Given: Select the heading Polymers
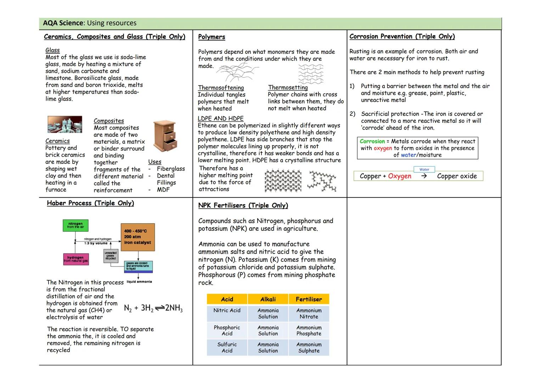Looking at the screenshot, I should pyautogui.click(x=212, y=37).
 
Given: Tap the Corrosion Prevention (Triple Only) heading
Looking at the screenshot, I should pyautogui.click(x=402, y=37).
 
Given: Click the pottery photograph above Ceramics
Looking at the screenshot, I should pyautogui.click(x=65, y=124).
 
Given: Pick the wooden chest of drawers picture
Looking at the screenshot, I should pyautogui.click(x=165, y=135).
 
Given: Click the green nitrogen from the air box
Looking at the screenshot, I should pyautogui.click(x=75, y=226).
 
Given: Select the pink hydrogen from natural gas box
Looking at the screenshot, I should pyautogui.click(x=75, y=259).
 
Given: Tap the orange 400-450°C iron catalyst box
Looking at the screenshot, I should pyautogui.click(x=137, y=237).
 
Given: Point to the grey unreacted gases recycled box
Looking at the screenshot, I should pyautogui.click(x=111, y=256).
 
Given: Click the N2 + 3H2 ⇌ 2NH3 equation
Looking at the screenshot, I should pyautogui.click(x=153, y=308).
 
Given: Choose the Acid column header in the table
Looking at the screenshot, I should pyautogui.click(x=227, y=299).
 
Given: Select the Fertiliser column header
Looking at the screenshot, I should pyautogui.click(x=309, y=299).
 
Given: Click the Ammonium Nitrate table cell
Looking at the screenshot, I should pyautogui.click(x=309, y=313).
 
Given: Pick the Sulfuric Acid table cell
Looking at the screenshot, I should pyautogui.click(x=227, y=348).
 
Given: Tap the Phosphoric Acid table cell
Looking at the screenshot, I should pyautogui.click(x=227, y=331).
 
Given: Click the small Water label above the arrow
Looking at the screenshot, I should pyautogui.click(x=424, y=170).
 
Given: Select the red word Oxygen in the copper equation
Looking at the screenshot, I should pyautogui.click(x=400, y=176).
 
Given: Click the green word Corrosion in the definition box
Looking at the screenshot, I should pyautogui.click(x=372, y=141).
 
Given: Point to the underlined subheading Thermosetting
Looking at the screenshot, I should pyautogui.click(x=288, y=87).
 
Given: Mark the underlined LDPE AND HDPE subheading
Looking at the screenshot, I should pyautogui.click(x=220, y=118).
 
